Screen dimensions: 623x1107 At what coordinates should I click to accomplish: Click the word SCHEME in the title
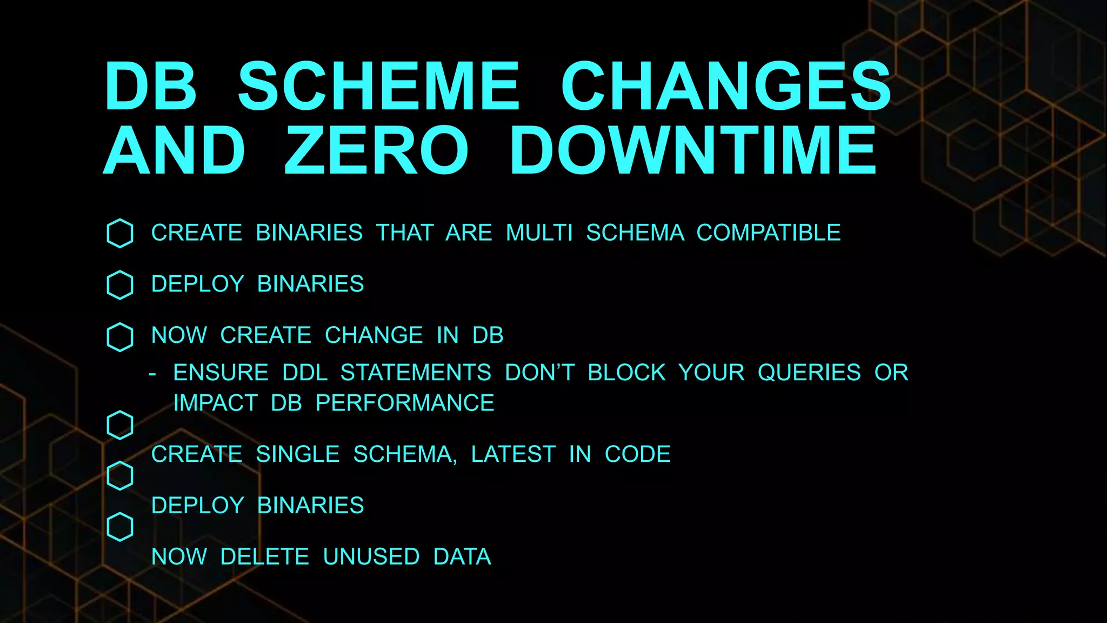coord(378,87)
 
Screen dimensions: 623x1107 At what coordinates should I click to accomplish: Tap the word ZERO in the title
coord(376,150)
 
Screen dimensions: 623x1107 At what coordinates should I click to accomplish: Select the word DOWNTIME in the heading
coord(693,150)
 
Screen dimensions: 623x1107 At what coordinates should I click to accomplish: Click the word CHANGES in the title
coord(725,87)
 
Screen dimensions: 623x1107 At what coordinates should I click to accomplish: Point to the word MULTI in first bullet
coord(539,233)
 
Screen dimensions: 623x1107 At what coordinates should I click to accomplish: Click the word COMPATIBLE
coord(768,233)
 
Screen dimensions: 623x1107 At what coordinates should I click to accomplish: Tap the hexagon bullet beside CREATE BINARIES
coord(120,234)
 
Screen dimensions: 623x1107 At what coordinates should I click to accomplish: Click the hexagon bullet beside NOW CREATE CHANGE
coord(120,337)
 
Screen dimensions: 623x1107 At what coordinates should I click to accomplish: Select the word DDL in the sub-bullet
coord(305,373)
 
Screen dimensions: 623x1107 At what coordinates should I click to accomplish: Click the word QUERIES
coord(809,373)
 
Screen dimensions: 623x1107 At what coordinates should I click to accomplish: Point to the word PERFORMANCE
coord(405,403)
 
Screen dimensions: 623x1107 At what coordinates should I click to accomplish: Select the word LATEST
coord(513,454)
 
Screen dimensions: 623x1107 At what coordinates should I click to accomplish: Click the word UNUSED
coord(371,557)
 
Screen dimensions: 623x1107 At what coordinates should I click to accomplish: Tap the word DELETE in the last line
coord(265,557)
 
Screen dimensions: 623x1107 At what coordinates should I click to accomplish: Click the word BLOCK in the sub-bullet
coord(626,373)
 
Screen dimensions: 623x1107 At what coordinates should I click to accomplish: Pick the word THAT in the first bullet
coord(405,233)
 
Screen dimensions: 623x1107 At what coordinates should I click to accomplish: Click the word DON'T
coord(539,373)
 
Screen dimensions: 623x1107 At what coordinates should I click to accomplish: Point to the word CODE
coord(637,454)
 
